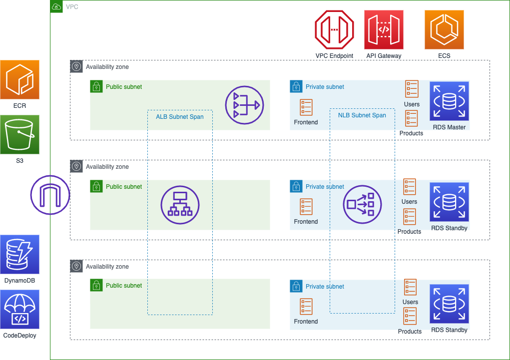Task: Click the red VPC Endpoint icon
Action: click(334, 30)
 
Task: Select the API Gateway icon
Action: click(384, 30)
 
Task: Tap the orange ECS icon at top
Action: click(444, 30)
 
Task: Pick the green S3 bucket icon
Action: click(19, 135)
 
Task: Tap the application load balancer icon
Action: click(180, 205)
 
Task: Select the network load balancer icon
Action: click(363, 204)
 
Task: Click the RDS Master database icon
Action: click(449, 101)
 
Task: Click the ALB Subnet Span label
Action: click(180, 117)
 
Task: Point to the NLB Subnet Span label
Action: click(362, 115)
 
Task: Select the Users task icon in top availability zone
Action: click(412, 89)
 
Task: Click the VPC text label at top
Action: click(72, 7)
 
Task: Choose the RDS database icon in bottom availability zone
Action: click(449, 305)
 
